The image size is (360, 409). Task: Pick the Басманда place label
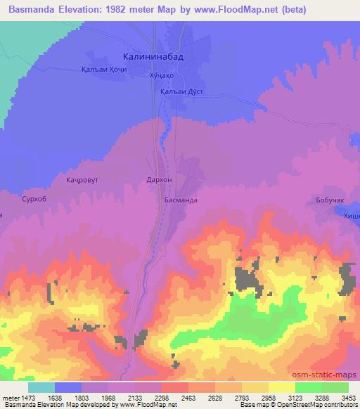click(x=181, y=200)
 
